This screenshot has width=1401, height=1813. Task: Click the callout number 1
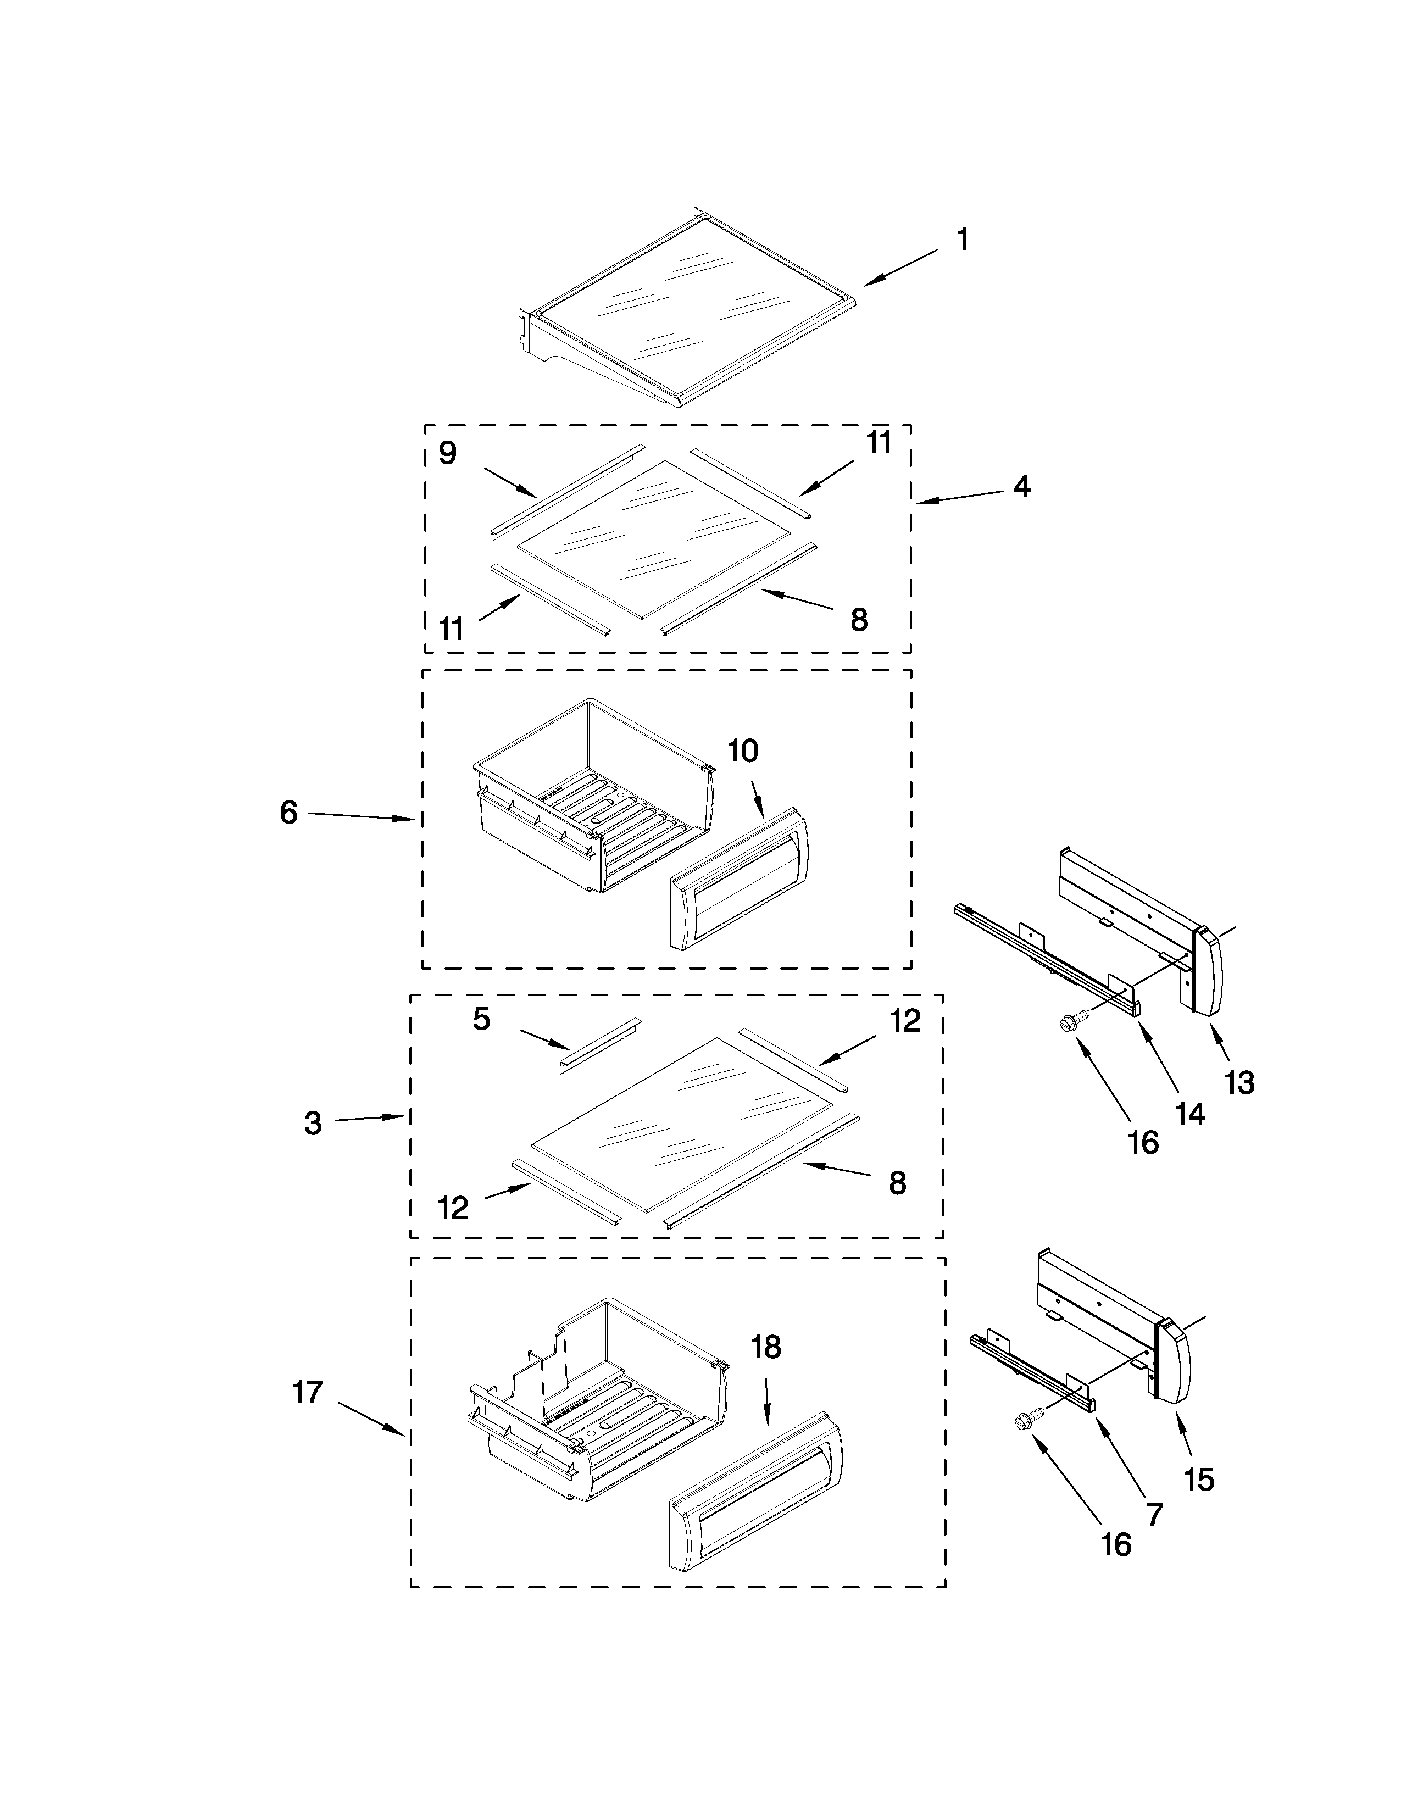pos(962,241)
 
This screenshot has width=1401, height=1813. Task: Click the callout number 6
pos(288,813)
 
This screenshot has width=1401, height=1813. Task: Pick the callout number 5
pos(481,1019)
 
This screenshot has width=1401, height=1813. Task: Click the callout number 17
pos(307,1392)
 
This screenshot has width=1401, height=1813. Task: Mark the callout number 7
pos(1154,1515)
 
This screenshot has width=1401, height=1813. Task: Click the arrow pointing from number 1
pos(900,268)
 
